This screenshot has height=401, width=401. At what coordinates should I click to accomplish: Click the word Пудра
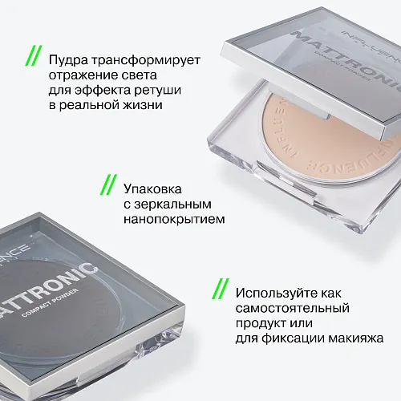tap(68, 60)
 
